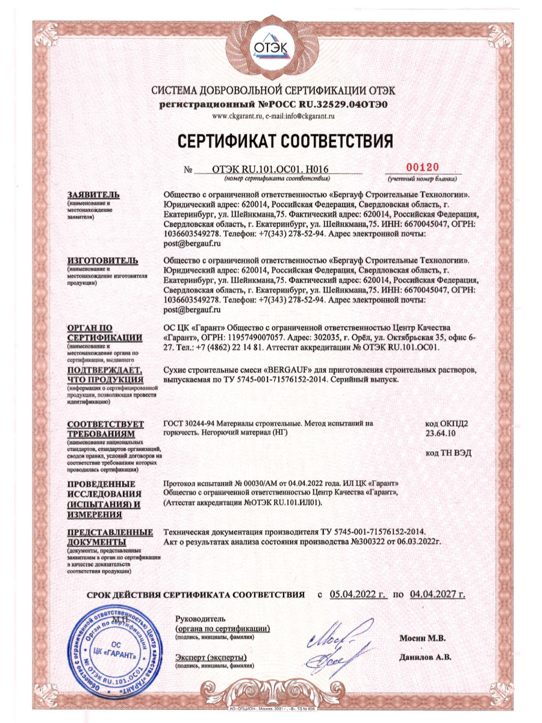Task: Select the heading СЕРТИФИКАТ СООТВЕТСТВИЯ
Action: click(x=285, y=140)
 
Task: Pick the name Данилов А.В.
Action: click(x=425, y=657)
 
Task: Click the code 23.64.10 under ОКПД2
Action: click(x=441, y=433)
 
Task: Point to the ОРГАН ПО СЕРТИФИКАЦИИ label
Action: click(x=105, y=331)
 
